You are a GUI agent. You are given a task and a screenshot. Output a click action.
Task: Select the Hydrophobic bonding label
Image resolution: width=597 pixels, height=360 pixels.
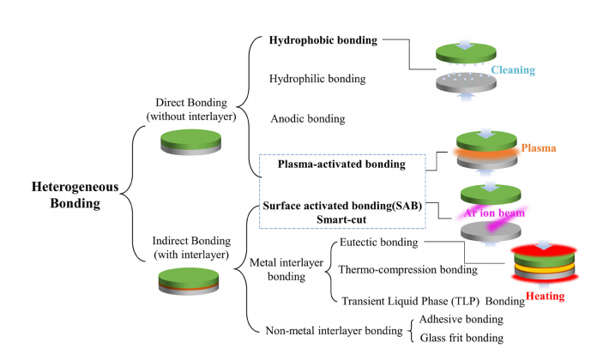click(x=323, y=40)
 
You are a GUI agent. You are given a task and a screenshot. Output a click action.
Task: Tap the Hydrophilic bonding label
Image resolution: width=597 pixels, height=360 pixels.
click(x=317, y=79)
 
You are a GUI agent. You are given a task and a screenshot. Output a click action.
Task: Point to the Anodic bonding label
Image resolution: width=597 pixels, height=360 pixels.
click(x=307, y=118)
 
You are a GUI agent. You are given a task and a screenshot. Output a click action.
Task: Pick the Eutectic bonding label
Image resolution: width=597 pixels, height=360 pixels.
click(x=379, y=243)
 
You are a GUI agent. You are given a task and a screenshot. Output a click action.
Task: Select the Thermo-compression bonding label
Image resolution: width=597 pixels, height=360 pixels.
click(x=407, y=270)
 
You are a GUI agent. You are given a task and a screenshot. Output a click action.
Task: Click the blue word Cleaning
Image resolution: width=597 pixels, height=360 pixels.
click(x=513, y=70)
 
